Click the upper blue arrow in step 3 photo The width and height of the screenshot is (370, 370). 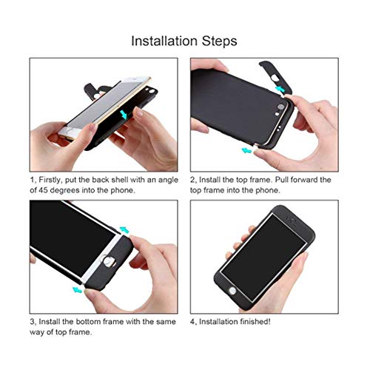(x=124, y=231)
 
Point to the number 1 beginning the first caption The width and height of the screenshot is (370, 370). (x=32, y=180)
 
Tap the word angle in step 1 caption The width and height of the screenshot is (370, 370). (x=166, y=180)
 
